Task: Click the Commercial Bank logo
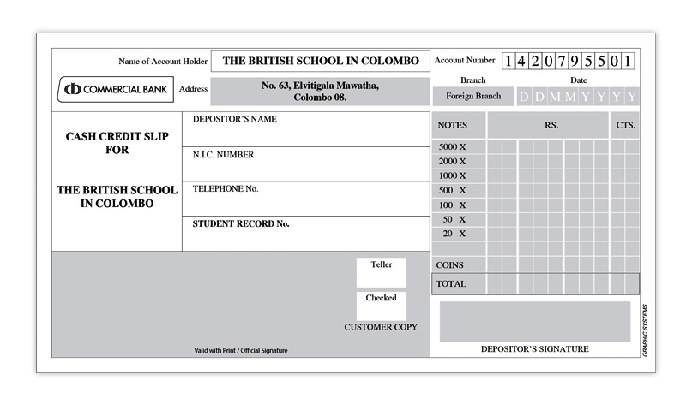(x=116, y=89)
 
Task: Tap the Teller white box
(x=382, y=272)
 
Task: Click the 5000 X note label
(x=452, y=147)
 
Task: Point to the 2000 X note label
(x=452, y=161)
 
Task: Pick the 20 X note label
(x=454, y=234)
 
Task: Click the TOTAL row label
(x=451, y=283)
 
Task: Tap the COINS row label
(x=450, y=265)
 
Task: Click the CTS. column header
(x=625, y=125)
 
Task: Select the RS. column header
(x=551, y=125)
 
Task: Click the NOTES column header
(x=453, y=125)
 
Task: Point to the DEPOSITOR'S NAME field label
(x=234, y=120)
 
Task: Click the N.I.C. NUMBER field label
(x=223, y=155)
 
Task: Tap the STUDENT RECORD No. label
(x=241, y=223)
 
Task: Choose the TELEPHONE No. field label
(x=226, y=189)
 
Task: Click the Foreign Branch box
(x=472, y=96)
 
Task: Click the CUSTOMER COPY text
(x=381, y=327)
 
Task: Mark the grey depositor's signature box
(x=535, y=321)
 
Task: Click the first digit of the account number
(x=508, y=61)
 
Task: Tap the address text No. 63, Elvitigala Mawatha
(x=320, y=86)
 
